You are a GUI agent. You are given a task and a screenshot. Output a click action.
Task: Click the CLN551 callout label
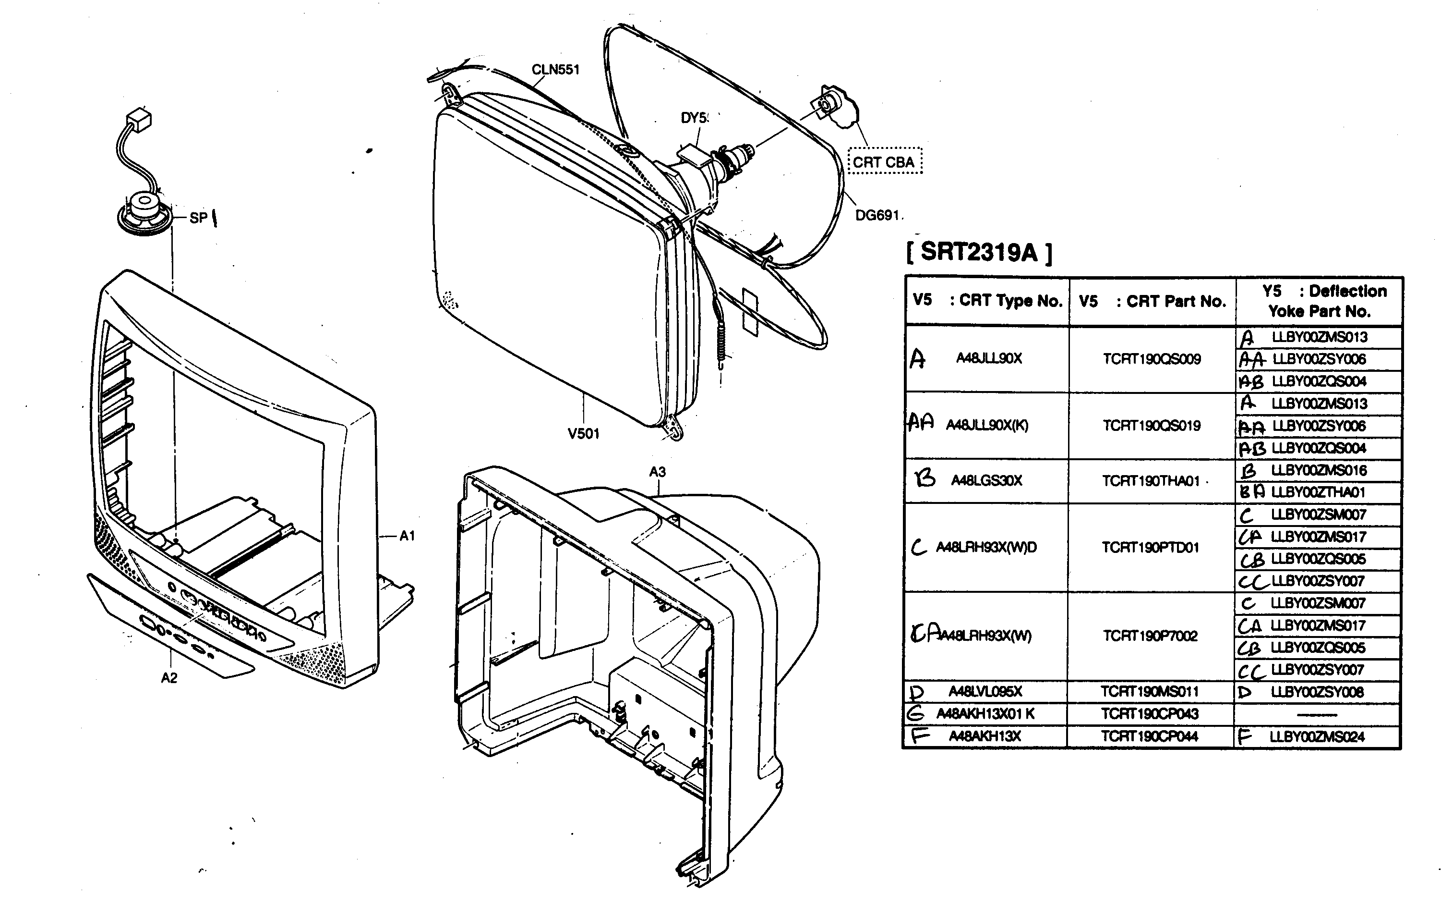[555, 70]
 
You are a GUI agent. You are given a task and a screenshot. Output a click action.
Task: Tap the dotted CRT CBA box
[885, 162]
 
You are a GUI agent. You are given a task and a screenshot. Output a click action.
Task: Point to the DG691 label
[877, 215]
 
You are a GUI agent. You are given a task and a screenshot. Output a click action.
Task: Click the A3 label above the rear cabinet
[657, 472]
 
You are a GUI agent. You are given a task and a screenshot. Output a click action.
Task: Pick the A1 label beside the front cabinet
[408, 536]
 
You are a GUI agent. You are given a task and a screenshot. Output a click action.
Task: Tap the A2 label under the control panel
[169, 677]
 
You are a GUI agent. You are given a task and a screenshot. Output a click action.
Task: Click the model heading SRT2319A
[979, 252]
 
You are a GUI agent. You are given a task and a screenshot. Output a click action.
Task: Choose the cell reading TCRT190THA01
[1151, 481]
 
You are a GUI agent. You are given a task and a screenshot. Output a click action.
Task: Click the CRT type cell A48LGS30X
[987, 480]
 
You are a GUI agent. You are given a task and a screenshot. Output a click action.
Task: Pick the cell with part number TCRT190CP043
[1150, 714]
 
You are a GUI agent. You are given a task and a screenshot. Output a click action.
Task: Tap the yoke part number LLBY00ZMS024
[1317, 736]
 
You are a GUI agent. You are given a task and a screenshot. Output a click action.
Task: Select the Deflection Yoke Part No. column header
[1319, 301]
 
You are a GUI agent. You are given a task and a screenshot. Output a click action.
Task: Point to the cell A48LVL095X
[985, 692]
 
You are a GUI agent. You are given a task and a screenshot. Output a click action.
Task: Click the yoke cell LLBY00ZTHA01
[1318, 492]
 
